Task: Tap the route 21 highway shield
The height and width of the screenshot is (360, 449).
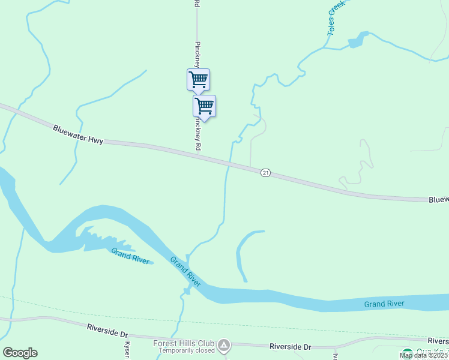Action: coord(265,173)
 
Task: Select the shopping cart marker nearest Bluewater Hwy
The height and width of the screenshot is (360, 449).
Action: coord(204,106)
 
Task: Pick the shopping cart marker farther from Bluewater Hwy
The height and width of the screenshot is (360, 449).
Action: coord(198,79)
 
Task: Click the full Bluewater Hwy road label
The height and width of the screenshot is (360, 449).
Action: coord(78,134)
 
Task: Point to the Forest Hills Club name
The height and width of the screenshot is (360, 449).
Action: coord(184,343)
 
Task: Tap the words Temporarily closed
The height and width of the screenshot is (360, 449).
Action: coord(184,350)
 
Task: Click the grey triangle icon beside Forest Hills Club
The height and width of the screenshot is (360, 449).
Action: coord(224,345)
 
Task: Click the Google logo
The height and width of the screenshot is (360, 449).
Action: coord(20,353)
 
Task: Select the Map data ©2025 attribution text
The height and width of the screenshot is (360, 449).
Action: coord(424,355)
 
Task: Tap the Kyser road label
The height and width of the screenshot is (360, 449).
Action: coord(127,350)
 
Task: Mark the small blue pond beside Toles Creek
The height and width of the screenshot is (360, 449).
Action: coord(357,40)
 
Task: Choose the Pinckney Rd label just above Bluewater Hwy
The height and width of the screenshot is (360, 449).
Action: coord(197,133)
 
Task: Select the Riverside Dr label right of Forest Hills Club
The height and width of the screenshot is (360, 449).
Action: coord(291,347)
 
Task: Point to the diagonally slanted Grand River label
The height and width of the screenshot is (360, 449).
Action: coord(185,271)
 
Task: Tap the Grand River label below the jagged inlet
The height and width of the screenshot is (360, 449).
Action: coord(131,256)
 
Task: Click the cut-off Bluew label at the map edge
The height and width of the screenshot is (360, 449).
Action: coord(438,200)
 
